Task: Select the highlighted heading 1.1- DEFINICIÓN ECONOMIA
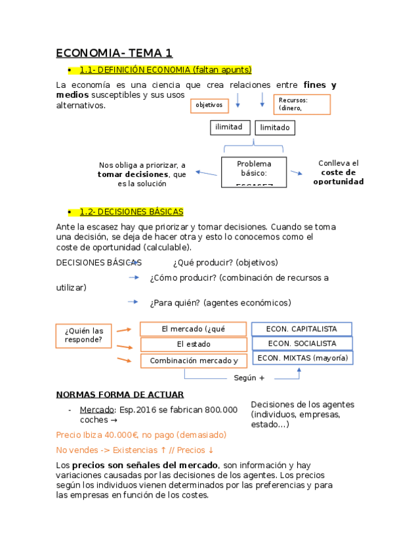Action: coord(165,69)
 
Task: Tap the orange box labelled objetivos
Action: coord(209,105)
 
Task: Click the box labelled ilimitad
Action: coord(230,127)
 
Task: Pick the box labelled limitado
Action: coord(275,128)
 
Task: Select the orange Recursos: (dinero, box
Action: coord(301,104)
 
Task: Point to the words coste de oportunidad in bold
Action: coord(338,177)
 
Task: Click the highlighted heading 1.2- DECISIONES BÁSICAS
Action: coord(131,212)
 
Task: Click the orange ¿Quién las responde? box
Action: coord(84,335)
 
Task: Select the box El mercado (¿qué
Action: coord(193,329)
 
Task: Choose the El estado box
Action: coord(193,344)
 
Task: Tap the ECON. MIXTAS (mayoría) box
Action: coord(302,358)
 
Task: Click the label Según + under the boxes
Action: coord(249,378)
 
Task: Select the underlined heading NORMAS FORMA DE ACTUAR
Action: coord(120,395)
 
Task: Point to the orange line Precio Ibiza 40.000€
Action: coord(141,435)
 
